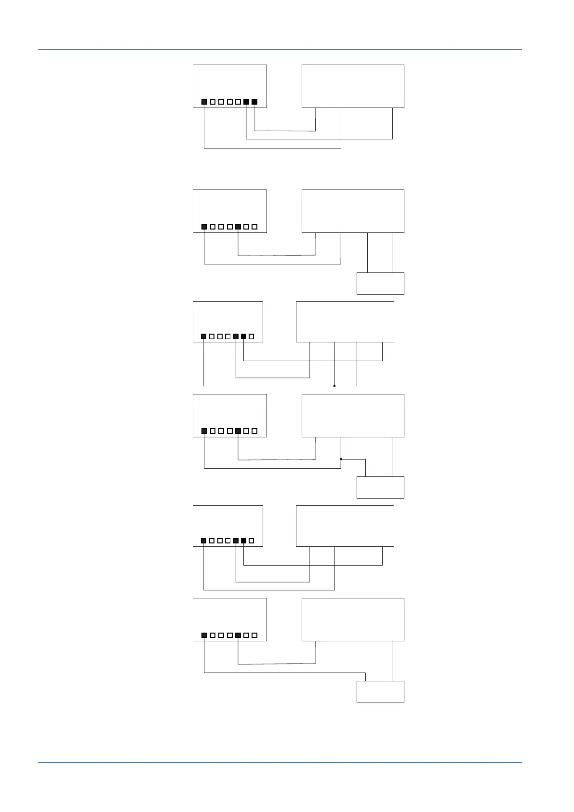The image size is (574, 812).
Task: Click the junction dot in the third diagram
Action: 334,386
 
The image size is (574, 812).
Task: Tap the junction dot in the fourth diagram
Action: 341,459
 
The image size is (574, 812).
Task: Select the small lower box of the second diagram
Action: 380,284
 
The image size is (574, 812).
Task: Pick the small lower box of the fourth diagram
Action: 380,487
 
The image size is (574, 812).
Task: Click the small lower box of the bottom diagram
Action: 380,692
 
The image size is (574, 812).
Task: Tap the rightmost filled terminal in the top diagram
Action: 254,102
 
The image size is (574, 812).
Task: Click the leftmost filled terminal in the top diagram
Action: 204,102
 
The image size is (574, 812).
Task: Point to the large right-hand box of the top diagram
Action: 353,86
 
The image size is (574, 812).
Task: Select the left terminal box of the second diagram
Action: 229,211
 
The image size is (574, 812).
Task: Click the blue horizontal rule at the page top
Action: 280,49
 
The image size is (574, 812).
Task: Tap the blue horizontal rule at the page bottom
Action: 280,762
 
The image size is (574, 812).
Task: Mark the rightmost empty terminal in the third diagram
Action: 252,336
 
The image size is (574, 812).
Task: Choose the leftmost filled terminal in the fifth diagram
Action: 204,541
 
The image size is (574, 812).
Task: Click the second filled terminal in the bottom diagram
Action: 238,635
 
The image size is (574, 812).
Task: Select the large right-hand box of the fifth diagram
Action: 345,526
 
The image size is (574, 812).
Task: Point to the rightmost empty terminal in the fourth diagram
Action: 254,431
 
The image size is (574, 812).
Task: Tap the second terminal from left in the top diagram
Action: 213,102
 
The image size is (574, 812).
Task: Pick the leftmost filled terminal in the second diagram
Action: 204,227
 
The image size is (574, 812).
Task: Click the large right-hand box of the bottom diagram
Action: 353,619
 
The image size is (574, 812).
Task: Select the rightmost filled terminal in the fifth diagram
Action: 244,541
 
